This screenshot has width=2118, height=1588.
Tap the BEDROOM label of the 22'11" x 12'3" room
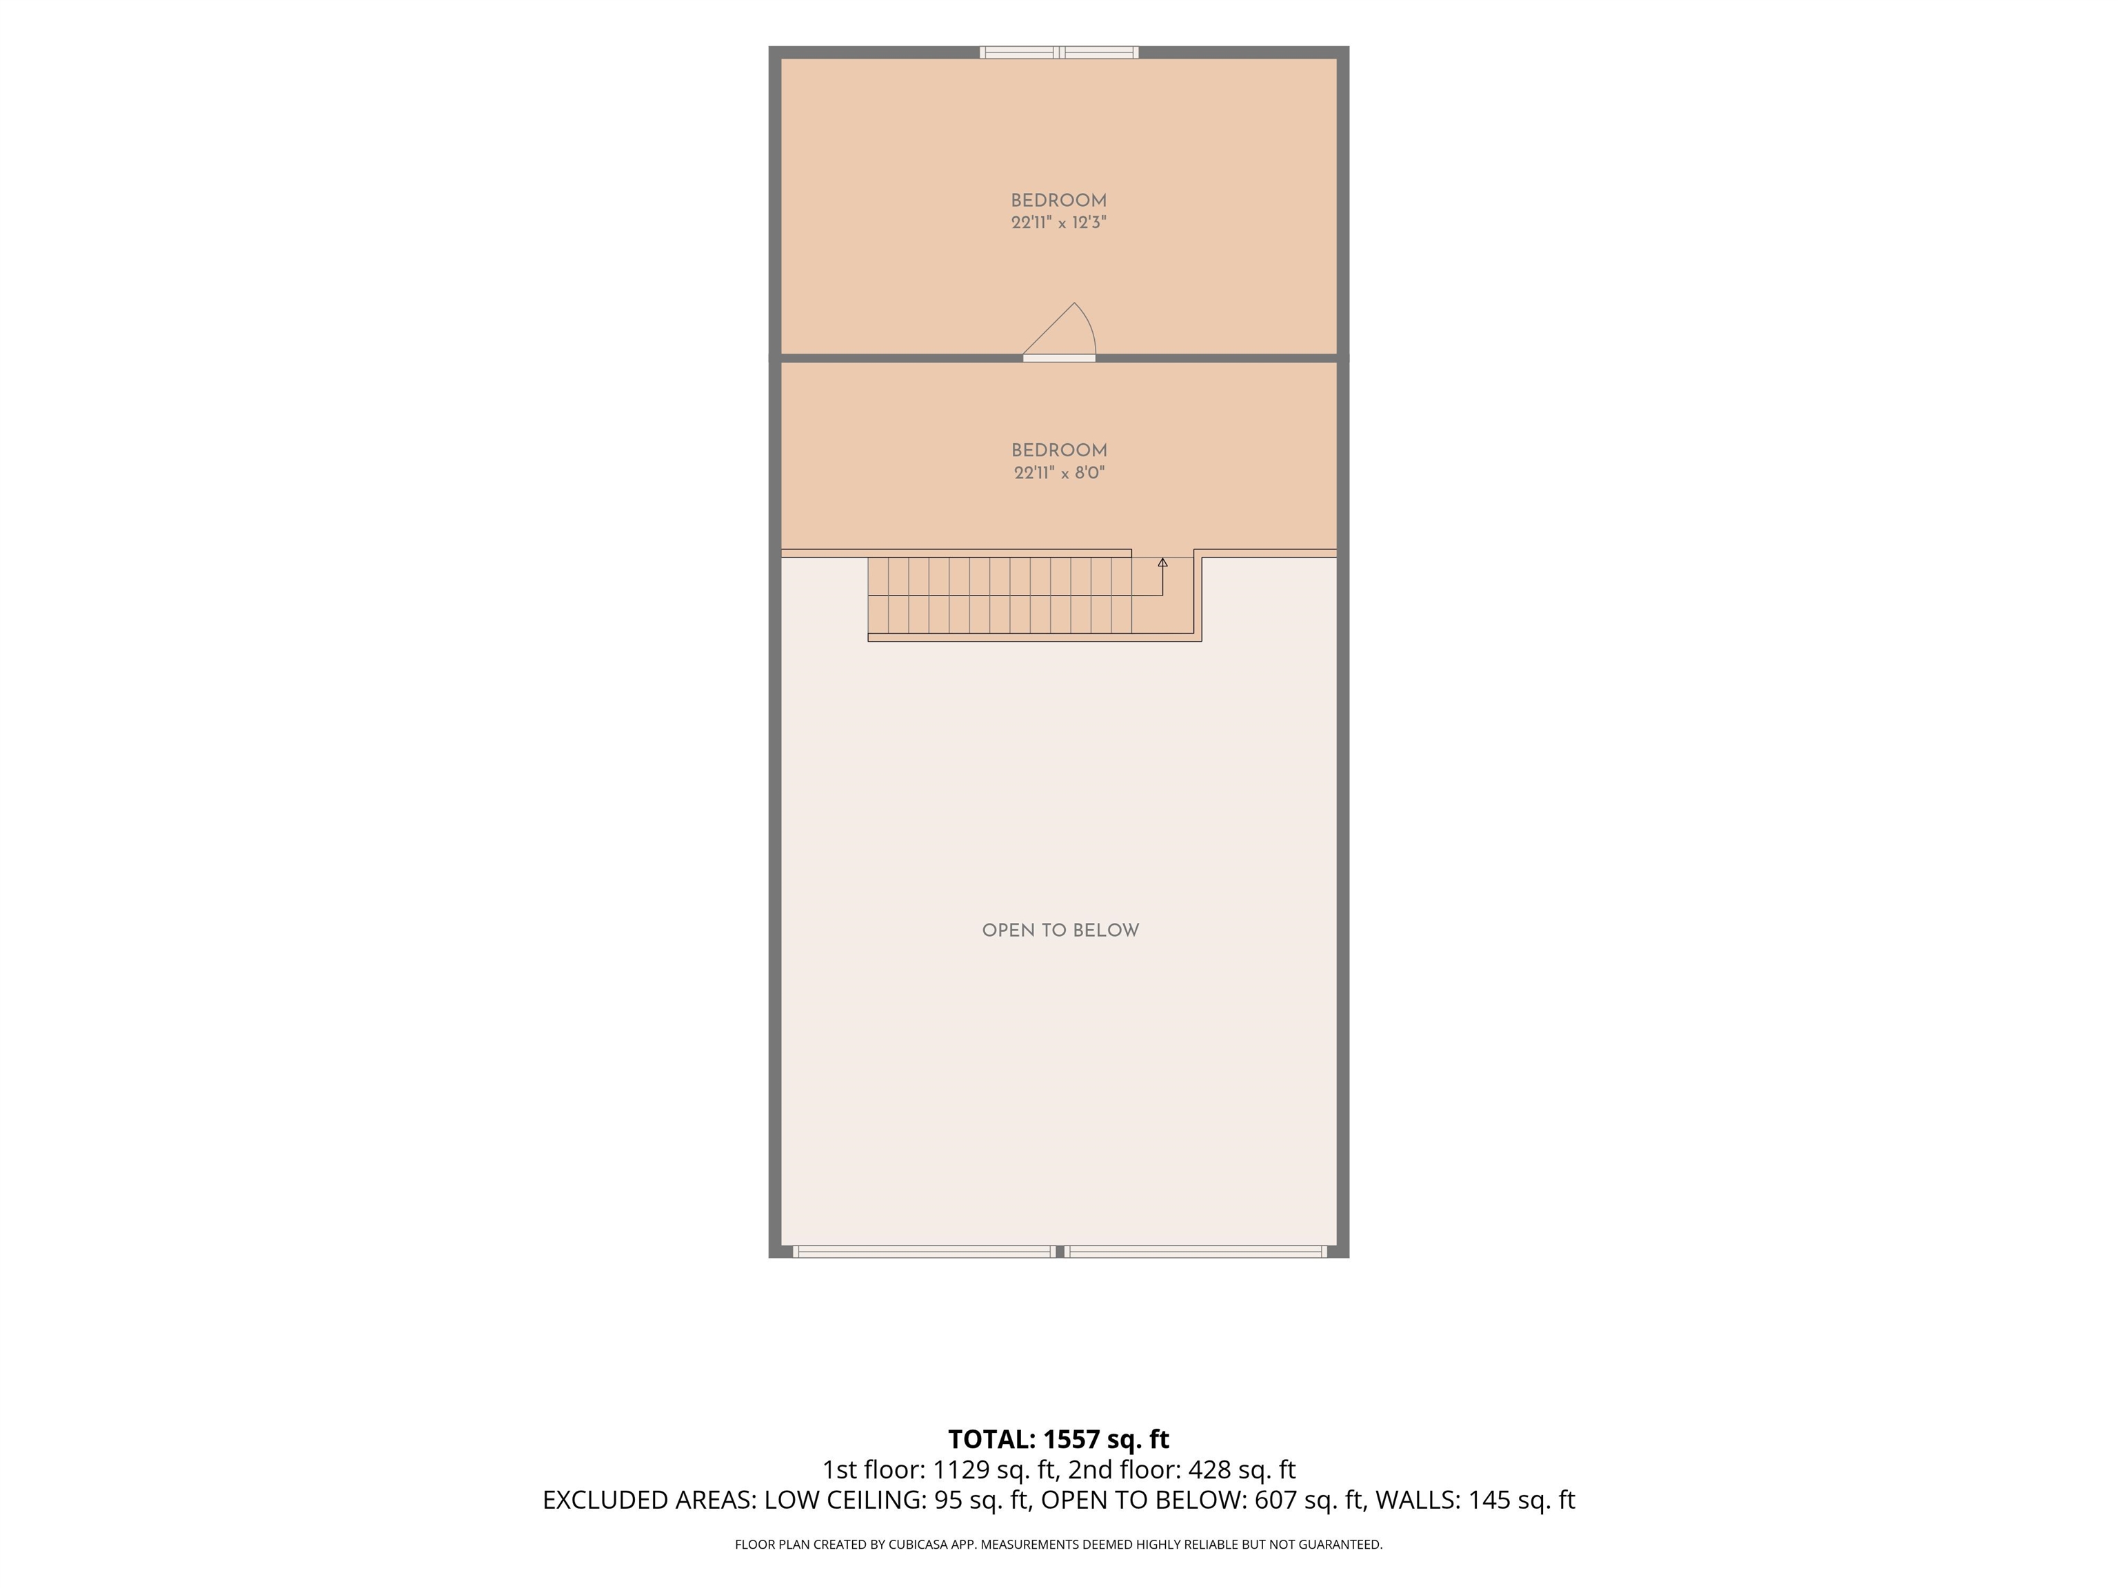[x=1059, y=201]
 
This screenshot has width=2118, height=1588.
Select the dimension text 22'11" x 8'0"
[x=1060, y=473]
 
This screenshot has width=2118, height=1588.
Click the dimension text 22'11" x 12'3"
[x=1059, y=223]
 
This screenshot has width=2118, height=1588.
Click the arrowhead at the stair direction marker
[x=1162, y=562]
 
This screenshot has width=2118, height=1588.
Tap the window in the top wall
[x=1059, y=52]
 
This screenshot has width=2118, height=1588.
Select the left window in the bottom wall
[x=924, y=1251]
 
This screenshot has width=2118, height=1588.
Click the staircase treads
[x=1000, y=595]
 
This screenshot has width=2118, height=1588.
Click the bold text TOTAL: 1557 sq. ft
[x=1059, y=1440]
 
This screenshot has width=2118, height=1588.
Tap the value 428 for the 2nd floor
[x=1209, y=1469]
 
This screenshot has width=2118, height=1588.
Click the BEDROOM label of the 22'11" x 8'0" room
[x=1059, y=451]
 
